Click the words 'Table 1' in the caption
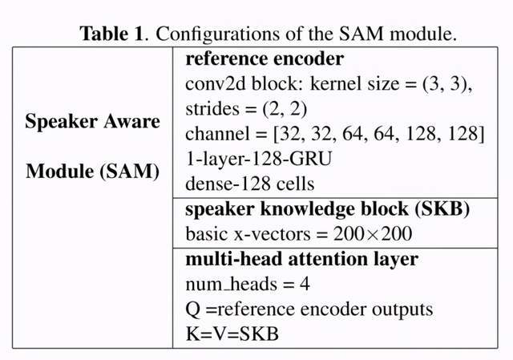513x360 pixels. pos(111,34)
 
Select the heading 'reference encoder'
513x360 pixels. pos(265,59)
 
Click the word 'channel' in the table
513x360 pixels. pos(217,134)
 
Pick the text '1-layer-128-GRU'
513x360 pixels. pos(258,159)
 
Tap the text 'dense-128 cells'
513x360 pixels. pos(249,184)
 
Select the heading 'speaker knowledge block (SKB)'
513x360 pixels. pos(327,209)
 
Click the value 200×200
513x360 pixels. pos(373,233)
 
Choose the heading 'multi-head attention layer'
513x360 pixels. pos(301,259)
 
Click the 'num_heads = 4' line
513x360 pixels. pos(248,284)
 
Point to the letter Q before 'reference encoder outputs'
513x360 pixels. pos(193,309)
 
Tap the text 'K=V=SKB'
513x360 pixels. pos(232,334)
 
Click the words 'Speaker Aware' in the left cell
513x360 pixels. pos(93,121)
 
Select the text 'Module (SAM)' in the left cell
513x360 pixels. pos(93,171)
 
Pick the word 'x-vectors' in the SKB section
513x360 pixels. pos(272,234)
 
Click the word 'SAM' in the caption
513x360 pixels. pos(361,34)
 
